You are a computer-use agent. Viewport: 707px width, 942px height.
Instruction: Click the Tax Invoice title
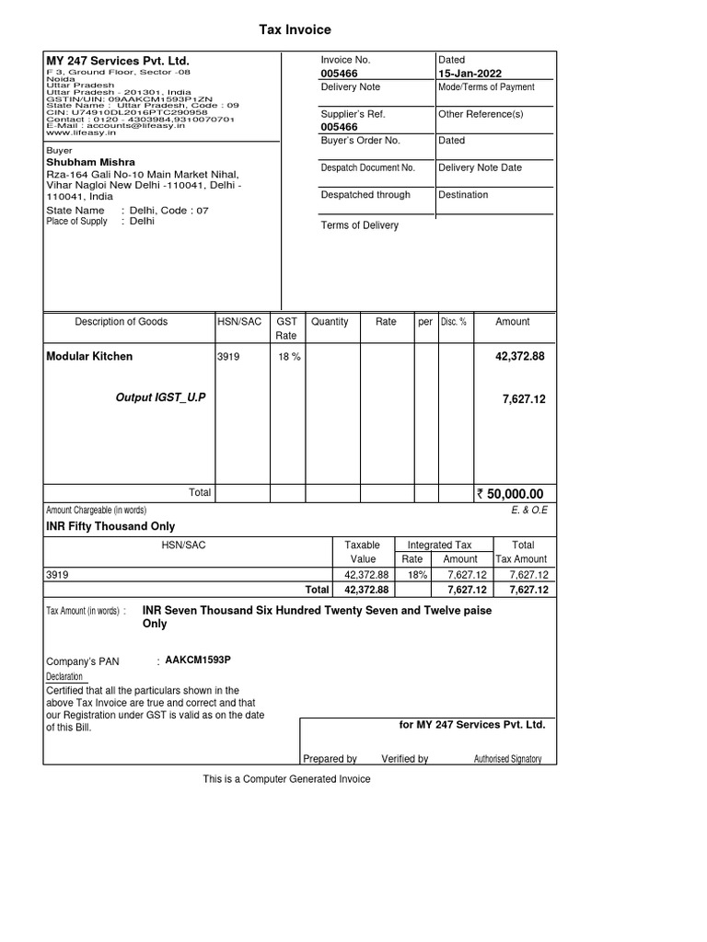(295, 30)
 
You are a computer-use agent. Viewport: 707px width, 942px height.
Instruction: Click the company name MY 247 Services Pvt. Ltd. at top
(117, 61)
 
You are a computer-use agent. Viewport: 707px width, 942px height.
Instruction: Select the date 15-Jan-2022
(470, 74)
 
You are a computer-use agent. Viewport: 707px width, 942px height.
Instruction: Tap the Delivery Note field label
(350, 87)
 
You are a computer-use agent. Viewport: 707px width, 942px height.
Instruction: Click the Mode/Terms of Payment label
(486, 87)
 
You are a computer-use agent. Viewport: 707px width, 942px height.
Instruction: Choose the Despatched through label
(365, 195)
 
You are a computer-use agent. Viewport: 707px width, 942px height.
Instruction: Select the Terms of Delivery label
(359, 225)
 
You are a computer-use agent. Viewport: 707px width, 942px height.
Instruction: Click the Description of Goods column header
(122, 322)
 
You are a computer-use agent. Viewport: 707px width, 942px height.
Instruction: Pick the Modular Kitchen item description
(89, 356)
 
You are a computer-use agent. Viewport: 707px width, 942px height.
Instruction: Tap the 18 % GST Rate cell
(289, 357)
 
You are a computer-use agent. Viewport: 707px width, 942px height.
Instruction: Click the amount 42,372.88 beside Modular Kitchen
(520, 356)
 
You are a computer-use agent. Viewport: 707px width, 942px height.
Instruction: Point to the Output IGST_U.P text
(161, 396)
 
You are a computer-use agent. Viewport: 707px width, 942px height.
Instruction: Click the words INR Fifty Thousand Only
(110, 527)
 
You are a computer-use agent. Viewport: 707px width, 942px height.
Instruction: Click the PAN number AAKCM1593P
(198, 661)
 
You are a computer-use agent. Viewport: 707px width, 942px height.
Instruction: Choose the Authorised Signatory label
(507, 759)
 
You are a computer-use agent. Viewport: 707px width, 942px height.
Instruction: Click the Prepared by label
(330, 759)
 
